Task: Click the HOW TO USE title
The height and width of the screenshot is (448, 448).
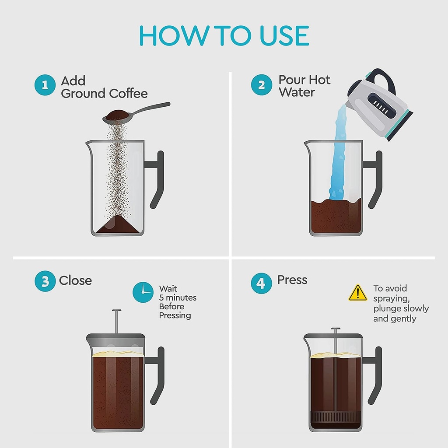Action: coord(224,36)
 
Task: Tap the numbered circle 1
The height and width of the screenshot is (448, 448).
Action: coord(45,85)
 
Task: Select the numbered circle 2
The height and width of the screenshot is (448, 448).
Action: coord(262,85)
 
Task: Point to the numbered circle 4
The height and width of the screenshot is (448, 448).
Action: coord(261,283)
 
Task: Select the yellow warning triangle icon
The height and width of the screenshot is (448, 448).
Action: coord(358,293)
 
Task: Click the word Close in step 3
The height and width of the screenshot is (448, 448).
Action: coord(76,280)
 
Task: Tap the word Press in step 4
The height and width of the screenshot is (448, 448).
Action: coord(292,280)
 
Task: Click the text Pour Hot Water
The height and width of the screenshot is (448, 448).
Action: coord(304,86)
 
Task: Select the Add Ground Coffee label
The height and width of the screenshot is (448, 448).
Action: coord(104,87)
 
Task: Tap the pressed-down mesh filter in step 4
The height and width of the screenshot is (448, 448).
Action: coord(336,415)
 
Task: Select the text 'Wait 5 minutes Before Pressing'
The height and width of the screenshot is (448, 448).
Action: coord(177,302)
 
